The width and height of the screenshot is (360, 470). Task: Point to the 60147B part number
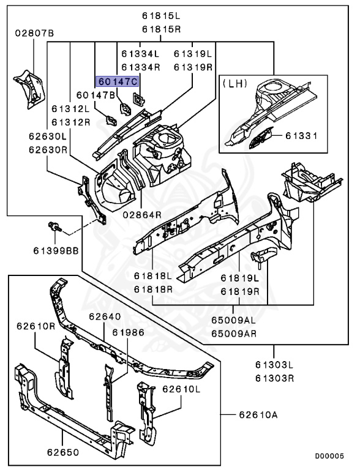click(96, 95)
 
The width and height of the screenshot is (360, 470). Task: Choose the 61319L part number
click(193, 54)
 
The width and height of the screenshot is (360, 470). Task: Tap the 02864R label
click(141, 214)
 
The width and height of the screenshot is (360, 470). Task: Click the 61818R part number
click(154, 288)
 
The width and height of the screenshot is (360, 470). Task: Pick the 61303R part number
click(275, 378)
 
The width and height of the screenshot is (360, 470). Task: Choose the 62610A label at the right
click(258, 415)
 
